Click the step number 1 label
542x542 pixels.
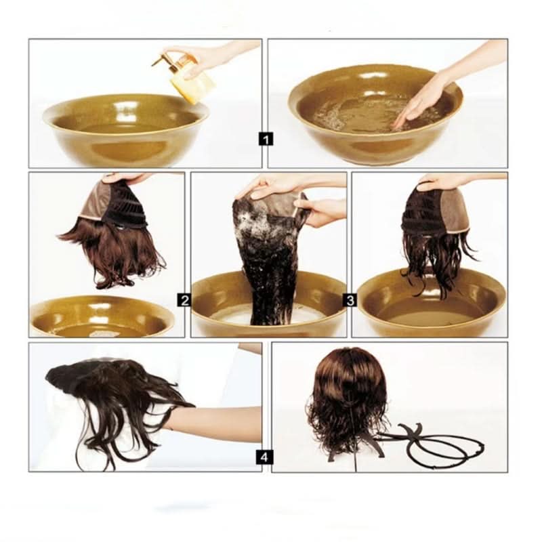tap(266, 139)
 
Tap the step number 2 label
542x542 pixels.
tap(184, 299)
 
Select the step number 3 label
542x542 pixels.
tap(350, 299)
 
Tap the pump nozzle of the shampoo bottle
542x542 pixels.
tap(160, 59)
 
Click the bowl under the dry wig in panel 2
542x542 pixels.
tap(102, 316)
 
